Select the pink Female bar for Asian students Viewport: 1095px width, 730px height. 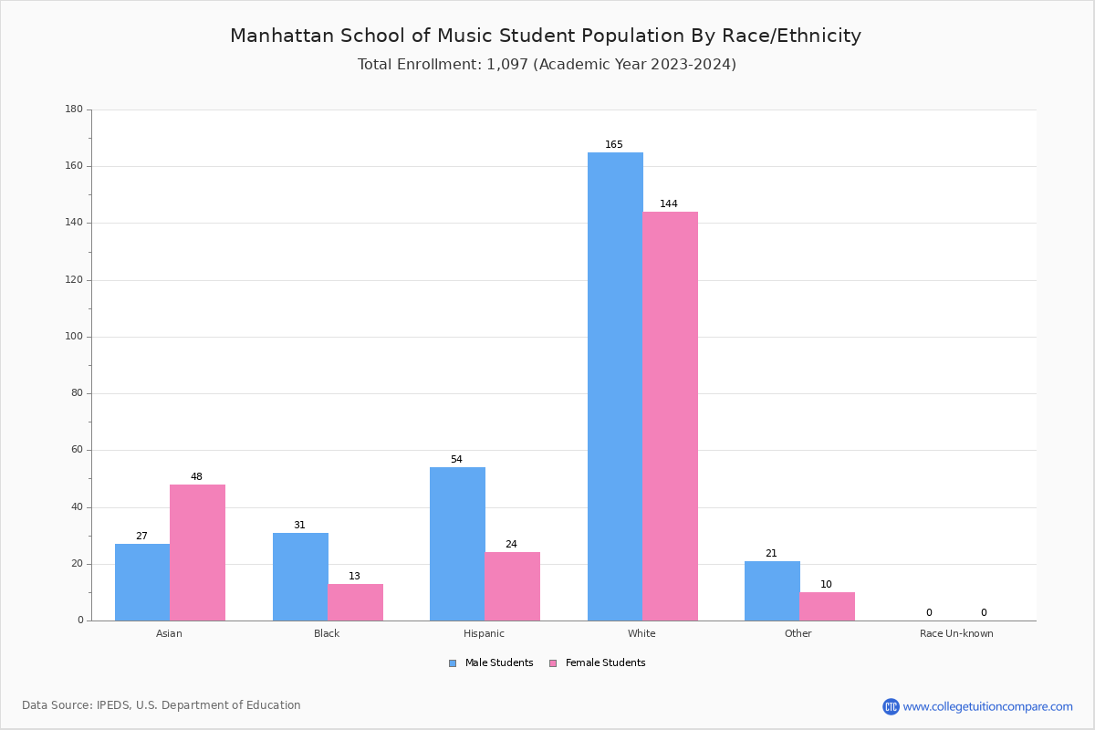pos(197,552)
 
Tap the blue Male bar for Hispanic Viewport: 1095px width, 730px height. pos(457,544)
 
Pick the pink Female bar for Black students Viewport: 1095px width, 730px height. pos(355,602)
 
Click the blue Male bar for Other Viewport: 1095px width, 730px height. pos(772,590)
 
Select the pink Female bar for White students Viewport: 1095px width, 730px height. pos(670,416)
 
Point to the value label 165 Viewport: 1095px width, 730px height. pos(614,145)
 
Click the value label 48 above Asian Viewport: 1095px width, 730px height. pos(196,477)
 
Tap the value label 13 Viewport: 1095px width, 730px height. pos(354,577)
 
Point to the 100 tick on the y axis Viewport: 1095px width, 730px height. pos(74,337)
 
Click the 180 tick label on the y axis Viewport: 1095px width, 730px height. pos(74,109)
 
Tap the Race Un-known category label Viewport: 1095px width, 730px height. pos(956,634)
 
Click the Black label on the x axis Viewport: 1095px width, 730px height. pos(327,634)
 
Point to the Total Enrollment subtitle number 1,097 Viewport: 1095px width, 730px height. pos(507,65)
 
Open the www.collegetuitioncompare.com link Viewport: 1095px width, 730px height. pos(987,707)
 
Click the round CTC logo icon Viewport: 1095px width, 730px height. pos(891,707)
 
